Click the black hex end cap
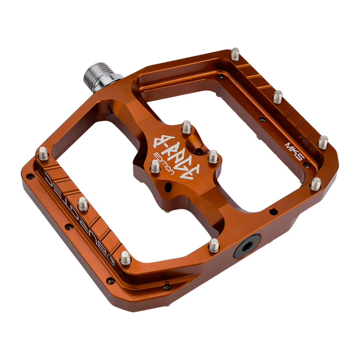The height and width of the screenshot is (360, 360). click(x=246, y=246)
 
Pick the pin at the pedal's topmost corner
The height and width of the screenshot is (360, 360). click(x=235, y=54)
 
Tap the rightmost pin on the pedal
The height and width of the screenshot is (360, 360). click(x=323, y=142)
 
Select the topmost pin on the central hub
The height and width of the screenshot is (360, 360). click(x=186, y=127)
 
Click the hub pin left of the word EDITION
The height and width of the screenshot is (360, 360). click(x=155, y=166)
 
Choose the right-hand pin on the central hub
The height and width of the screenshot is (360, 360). click(x=213, y=157)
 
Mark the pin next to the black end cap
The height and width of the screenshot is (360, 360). click(x=214, y=245)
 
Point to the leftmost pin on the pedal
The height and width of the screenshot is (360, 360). click(x=43, y=153)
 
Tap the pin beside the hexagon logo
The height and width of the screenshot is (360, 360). click(x=126, y=258)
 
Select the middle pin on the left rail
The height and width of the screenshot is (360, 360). click(x=83, y=204)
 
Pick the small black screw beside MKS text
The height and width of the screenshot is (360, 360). click(x=306, y=165)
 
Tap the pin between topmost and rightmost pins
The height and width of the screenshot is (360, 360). click(x=278, y=96)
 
